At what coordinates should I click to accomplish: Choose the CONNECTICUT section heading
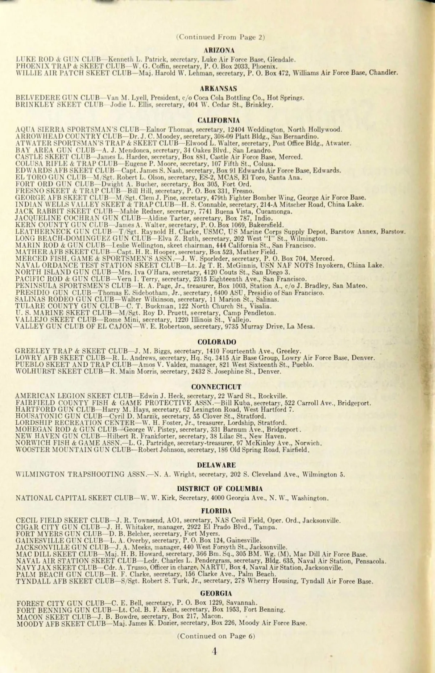216,387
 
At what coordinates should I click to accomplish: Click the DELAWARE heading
216,465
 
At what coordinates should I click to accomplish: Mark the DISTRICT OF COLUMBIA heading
220,488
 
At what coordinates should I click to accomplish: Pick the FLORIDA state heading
216,511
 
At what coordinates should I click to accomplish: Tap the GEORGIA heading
216,593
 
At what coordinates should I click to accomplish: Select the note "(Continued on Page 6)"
216,636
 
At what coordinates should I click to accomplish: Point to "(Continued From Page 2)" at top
221,37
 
